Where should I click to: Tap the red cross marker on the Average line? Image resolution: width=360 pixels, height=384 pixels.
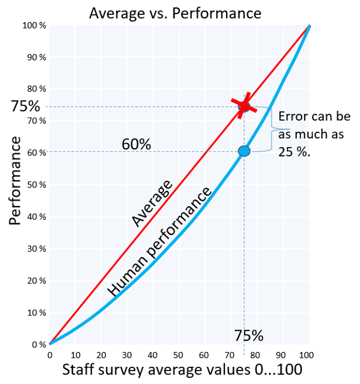pos(244,107)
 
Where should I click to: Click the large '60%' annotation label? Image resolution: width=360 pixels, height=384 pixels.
pos(136,144)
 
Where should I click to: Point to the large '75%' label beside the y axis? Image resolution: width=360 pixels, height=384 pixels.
pos(25,107)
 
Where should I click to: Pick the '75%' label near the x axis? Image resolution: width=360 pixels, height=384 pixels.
pos(248,336)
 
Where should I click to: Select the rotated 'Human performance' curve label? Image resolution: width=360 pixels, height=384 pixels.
pos(159,242)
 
